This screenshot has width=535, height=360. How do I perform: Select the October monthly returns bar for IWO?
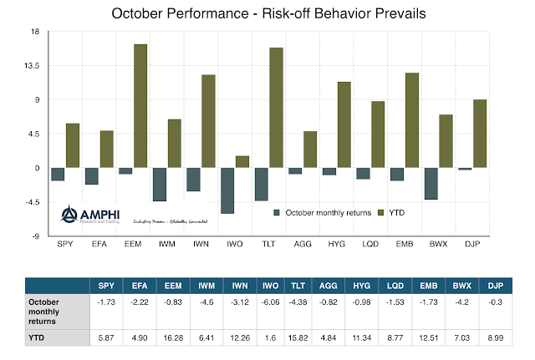[x=227, y=190]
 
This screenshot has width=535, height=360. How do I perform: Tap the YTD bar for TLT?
[x=276, y=108]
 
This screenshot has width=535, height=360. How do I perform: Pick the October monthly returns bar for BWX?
[x=431, y=184]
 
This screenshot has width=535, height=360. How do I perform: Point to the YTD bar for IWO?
[x=242, y=162]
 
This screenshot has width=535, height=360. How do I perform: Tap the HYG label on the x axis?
[x=337, y=246]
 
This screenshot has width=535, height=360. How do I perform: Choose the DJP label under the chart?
[x=472, y=246]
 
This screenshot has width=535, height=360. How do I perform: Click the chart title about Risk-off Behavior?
[x=267, y=14]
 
